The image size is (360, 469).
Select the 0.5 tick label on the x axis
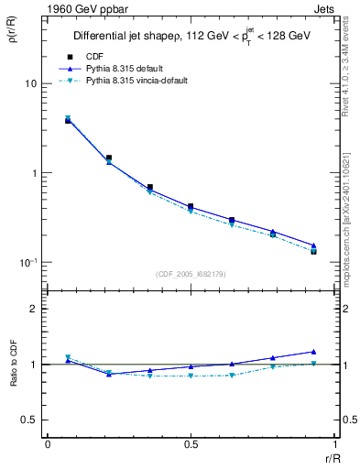pyautogui.click(x=191, y=445)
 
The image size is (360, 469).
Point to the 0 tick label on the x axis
pyautogui.click(x=47, y=445)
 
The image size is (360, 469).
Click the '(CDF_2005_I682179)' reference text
pyautogui.click(x=191, y=274)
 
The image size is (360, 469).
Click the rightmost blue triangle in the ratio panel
pyautogui.click(x=313, y=352)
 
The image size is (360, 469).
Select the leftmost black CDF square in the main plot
pyautogui.click(x=68, y=120)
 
